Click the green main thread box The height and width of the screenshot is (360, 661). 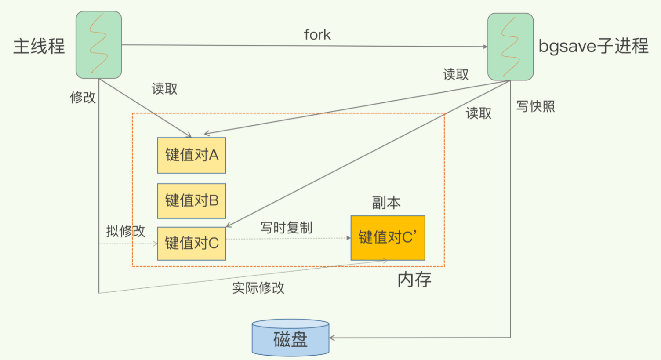[98, 45]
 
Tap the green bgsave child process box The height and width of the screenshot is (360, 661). [510, 47]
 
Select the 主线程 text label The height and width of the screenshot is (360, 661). [39, 46]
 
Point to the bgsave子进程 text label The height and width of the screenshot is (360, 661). [593, 46]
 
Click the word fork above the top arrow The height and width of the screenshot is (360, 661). [317, 35]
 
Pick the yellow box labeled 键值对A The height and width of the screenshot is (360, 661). [192, 155]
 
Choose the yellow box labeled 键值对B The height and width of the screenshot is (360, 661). [192, 201]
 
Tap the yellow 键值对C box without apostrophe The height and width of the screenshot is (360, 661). [192, 243]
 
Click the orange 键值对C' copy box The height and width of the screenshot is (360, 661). [388, 238]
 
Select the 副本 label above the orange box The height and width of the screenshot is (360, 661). [386, 203]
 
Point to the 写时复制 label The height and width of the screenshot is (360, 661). [286, 228]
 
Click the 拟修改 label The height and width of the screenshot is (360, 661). [126, 231]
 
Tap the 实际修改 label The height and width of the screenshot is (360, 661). [258, 288]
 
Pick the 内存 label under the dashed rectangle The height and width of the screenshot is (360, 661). [414, 280]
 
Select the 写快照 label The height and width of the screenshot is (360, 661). [535, 106]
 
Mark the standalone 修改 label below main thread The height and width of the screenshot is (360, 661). [83, 97]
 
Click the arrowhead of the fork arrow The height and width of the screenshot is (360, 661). [485, 47]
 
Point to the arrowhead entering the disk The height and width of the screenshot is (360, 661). [332, 338]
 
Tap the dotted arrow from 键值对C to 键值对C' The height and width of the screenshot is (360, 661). [288, 239]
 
